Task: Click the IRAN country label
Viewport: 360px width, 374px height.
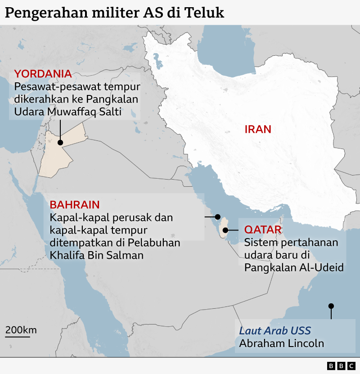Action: click(x=258, y=130)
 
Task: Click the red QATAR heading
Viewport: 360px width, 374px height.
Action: click(x=263, y=230)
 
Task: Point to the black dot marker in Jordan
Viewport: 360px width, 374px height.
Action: click(x=60, y=142)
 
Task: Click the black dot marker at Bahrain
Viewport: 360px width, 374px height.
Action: click(x=218, y=216)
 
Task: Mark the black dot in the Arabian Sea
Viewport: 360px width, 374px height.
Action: click(x=331, y=306)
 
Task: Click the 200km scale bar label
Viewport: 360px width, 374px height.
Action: click(x=21, y=330)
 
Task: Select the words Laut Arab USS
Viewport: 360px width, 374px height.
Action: click(x=275, y=331)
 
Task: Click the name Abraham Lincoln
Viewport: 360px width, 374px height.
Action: click(x=281, y=344)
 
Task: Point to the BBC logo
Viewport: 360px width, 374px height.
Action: click(x=341, y=366)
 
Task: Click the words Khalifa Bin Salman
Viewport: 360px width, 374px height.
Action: click(x=96, y=255)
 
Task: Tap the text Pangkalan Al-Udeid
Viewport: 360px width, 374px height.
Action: click(x=294, y=267)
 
